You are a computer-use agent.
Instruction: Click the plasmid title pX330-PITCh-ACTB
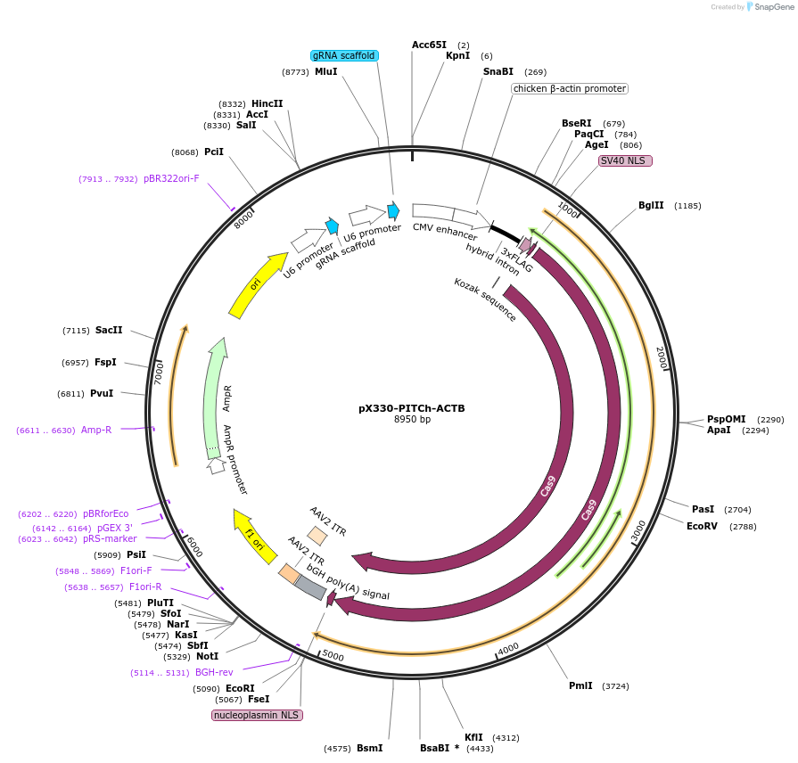click(411, 408)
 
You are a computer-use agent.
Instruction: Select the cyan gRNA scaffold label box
click(344, 55)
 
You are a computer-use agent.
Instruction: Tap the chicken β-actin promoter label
click(570, 88)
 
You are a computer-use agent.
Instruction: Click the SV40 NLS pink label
click(625, 160)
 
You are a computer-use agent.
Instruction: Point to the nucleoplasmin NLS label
click(257, 715)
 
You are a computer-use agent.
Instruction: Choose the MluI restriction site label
click(326, 71)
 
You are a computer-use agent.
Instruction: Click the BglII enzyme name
click(651, 205)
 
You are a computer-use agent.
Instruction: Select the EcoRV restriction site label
click(702, 526)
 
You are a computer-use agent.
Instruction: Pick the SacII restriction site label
click(109, 330)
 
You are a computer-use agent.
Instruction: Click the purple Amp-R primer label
click(96, 430)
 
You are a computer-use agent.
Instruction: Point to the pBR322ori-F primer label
click(171, 178)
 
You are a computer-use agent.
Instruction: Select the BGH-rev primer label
click(214, 672)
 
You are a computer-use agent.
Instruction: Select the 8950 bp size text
click(411, 420)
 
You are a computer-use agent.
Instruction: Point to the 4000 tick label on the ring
click(507, 648)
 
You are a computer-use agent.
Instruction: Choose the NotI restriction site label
click(207, 656)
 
